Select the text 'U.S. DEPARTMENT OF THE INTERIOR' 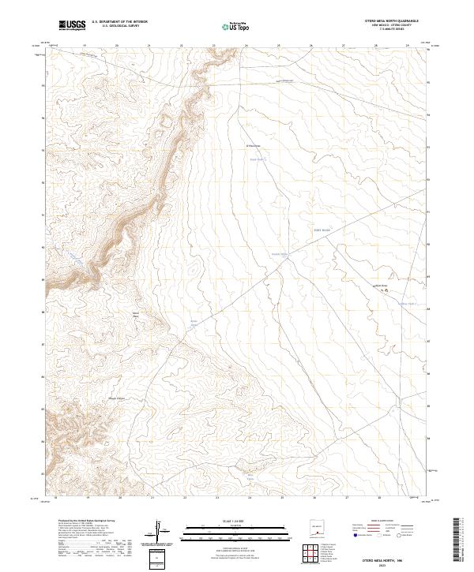(x=119, y=21)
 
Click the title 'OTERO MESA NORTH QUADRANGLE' (x=386, y=21)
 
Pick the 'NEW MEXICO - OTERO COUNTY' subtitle (x=386, y=25)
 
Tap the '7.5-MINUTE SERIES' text (x=386, y=30)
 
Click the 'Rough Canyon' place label (x=117, y=398)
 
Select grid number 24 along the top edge (x=246, y=46)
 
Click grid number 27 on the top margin (x=344, y=46)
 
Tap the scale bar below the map (x=229, y=530)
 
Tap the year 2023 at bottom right (x=385, y=565)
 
